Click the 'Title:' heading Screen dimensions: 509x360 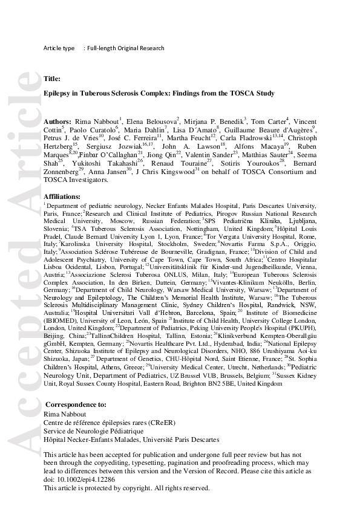(52, 79)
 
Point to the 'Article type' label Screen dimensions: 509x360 (59, 48)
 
